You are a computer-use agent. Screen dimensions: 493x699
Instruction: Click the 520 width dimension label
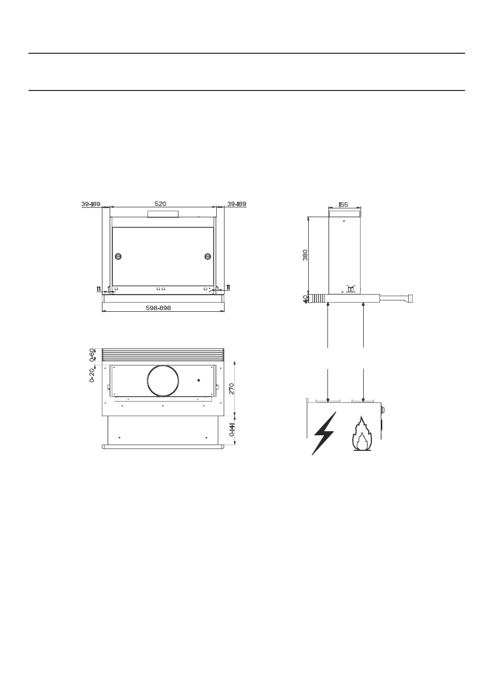coord(160,204)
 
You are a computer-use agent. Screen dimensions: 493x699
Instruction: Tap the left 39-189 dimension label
coord(91,204)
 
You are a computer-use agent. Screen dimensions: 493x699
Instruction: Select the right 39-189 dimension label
coord(236,204)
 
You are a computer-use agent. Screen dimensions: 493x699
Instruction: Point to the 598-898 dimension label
coord(158,308)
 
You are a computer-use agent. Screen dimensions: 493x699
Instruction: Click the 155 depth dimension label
coord(343,204)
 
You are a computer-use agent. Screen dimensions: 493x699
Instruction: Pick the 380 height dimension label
coord(305,255)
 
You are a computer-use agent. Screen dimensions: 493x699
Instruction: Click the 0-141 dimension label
coord(231,430)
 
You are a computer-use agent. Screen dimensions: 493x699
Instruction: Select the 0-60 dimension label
coord(92,355)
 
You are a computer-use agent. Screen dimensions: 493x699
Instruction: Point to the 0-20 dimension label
coord(92,375)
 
